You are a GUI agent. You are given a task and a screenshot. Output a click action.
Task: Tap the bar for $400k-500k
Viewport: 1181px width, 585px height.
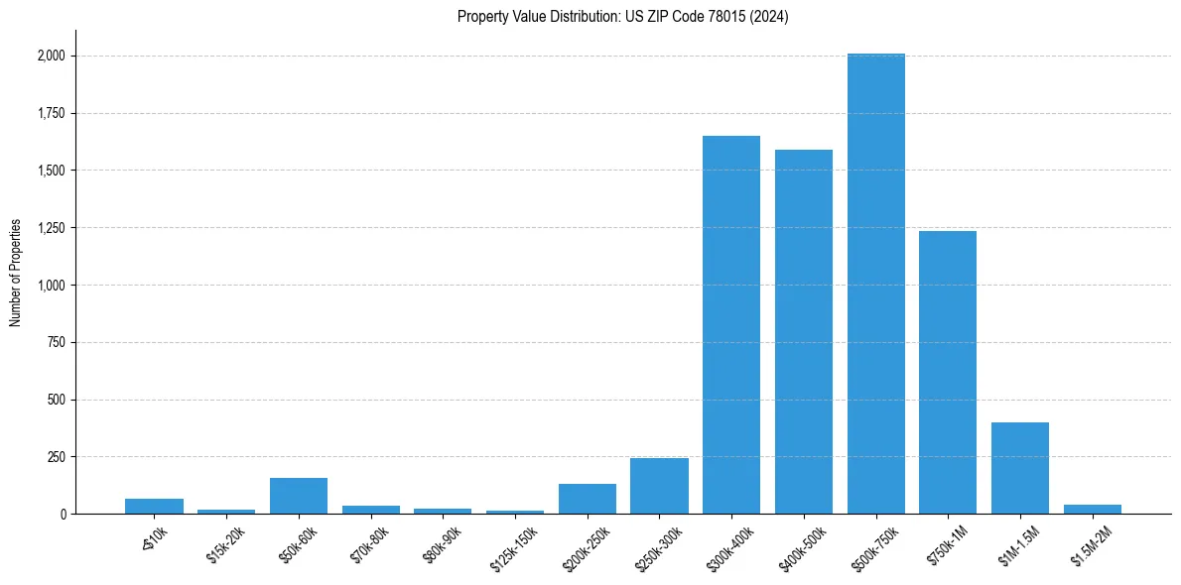pyautogui.click(x=804, y=332)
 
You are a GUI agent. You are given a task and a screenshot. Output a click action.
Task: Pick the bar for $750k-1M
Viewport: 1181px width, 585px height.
pyautogui.click(x=948, y=373)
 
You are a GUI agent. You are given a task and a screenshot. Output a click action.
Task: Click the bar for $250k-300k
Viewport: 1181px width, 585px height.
pyautogui.click(x=659, y=486)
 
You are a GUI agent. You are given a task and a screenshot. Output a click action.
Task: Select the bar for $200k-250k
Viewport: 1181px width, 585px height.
pyautogui.click(x=588, y=500)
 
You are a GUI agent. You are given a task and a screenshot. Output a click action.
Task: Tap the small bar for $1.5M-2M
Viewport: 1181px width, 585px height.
pyautogui.click(x=1093, y=510)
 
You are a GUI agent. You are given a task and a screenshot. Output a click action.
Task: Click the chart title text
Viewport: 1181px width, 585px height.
pyautogui.click(x=623, y=17)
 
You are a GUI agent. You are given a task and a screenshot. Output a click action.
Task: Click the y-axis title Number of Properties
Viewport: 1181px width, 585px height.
pyautogui.click(x=16, y=272)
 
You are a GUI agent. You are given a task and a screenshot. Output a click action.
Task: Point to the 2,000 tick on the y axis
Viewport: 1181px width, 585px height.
pyautogui.click(x=50, y=57)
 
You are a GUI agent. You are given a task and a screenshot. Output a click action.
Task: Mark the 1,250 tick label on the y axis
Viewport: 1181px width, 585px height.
pyautogui.click(x=50, y=228)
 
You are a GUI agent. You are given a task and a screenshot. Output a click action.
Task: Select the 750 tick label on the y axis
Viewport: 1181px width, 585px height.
pyautogui.click(x=57, y=343)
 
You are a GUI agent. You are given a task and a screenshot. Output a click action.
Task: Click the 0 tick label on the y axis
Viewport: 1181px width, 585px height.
pyautogui.click(x=63, y=515)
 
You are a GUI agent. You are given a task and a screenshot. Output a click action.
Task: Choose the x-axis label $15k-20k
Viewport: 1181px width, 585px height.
pyautogui.click(x=223, y=543)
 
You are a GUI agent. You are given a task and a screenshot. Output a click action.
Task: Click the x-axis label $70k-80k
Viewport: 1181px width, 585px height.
pyautogui.click(x=367, y=543)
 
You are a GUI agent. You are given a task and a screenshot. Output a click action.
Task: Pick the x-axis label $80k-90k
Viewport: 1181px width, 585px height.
pyautogui.click(x=440, y=543)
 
